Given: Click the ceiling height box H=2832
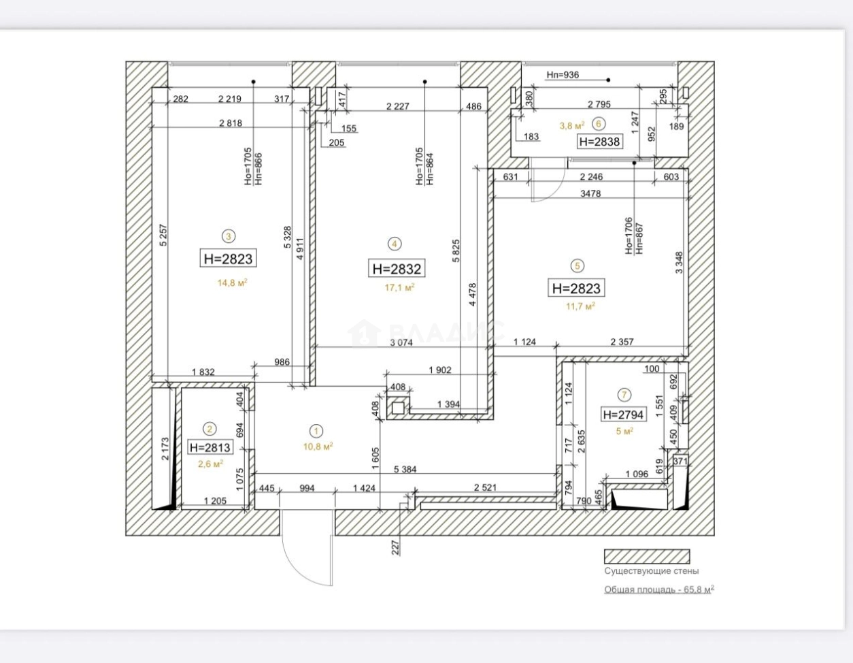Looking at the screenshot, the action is (397, 269).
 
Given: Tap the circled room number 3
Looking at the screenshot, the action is (229, 236).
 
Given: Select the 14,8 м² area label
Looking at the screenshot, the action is (233, 282).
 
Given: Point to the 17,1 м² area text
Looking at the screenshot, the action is (399, 287).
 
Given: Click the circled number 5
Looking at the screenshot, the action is (577, 266).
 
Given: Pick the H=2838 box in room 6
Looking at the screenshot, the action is (599, 142).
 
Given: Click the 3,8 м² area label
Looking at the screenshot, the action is (572, 126).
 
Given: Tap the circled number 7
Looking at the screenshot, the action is (624, 394).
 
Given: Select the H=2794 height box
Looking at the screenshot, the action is (623, 415).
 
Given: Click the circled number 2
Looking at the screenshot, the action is (210, 429).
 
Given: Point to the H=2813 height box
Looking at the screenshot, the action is (210, 447).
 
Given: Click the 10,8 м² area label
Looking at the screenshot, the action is (318, 447).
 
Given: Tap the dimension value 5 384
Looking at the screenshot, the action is (405, 469).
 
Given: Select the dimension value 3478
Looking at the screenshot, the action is (590, 193).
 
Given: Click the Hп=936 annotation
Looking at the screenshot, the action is (563, 75).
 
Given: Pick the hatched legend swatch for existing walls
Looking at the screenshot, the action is (647, 557).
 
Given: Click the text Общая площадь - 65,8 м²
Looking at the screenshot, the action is (659, 589).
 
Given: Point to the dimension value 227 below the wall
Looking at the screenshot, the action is (395, 547).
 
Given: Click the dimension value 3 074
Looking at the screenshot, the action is (401, 342).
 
